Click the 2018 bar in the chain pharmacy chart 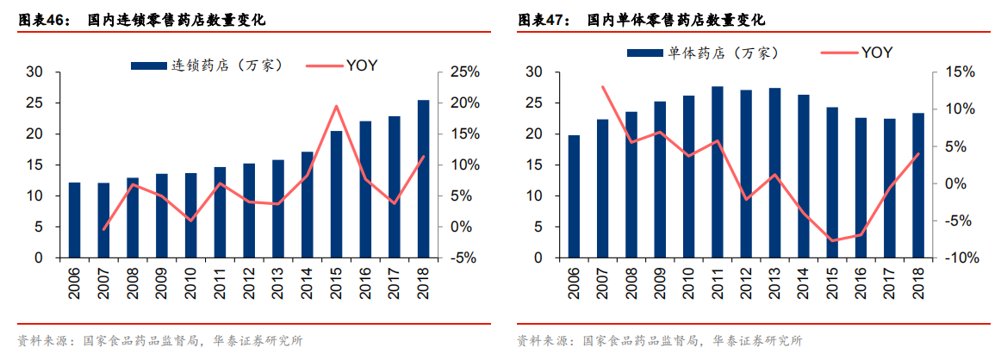coord(423,179)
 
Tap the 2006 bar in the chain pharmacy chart coord(75,220)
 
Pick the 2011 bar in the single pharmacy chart coord(718,172)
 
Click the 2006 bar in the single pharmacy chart coord(574,196)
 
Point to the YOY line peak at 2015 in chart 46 coord(336,106)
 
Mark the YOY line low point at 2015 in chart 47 coord(832,240)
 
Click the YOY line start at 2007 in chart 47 coord(603,86)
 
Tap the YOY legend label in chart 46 coord(362,65)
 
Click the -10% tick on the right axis coord(961,258)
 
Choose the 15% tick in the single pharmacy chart coord(961,72)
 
